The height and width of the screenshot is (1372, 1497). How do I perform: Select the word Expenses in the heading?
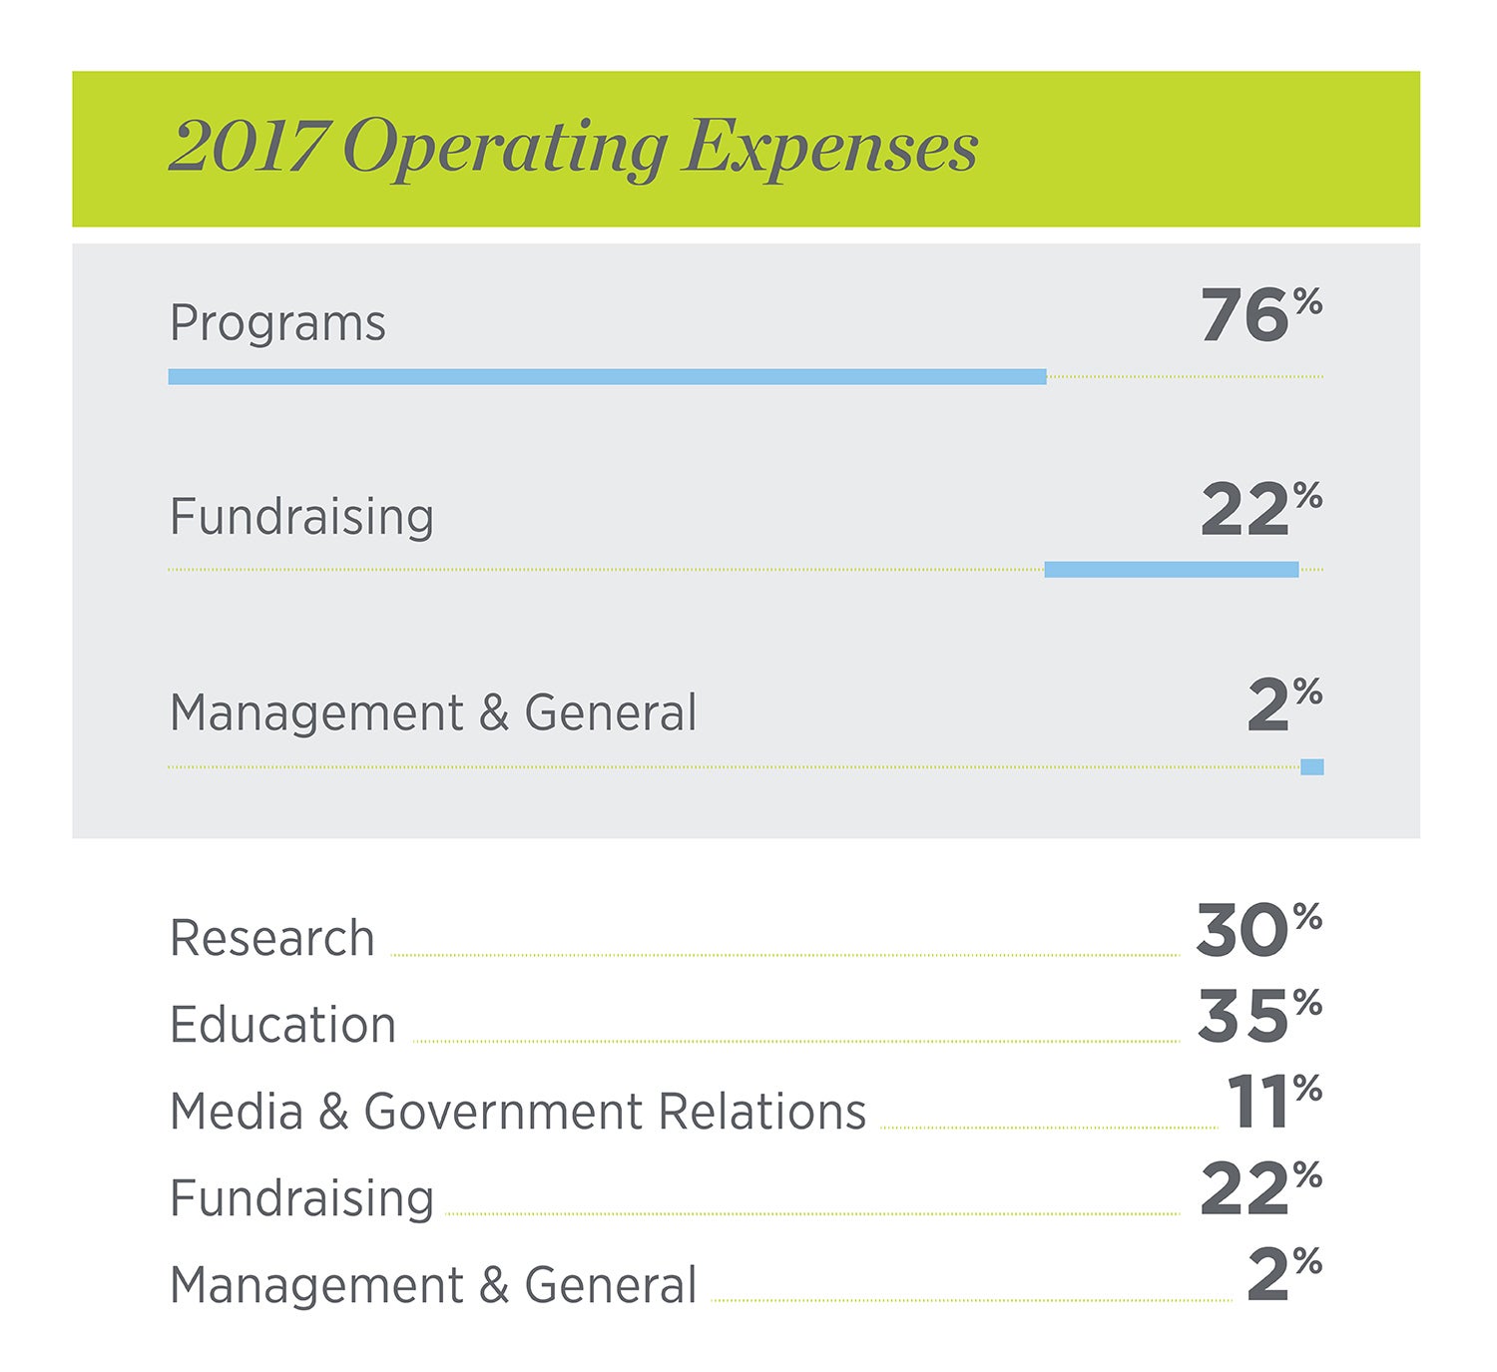tap(830, 148)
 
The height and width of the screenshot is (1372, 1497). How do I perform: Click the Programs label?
tap(277, 323)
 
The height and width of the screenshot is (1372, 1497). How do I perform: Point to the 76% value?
tap(1259, 315)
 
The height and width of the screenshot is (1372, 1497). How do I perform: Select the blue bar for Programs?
tap(607, 377)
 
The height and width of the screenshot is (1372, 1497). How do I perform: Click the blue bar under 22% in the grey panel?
tap(1171, 570)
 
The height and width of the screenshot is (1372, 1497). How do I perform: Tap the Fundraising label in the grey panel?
tap(301, 517)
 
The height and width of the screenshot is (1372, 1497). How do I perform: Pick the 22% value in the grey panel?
tap(1259, 509)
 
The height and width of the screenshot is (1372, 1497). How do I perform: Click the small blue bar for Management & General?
tap(1311, 767)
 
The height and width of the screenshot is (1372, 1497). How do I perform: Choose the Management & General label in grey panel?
tap(433, 713)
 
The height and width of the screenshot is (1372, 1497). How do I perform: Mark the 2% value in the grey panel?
tap(1283, 704)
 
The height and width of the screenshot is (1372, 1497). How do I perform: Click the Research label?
tap(271, 939)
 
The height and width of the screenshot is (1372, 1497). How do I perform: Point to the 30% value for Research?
tap(1257, 930)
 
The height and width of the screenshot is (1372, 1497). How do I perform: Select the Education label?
tap(282, 1025)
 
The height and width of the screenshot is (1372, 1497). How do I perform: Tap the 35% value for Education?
tap(1258, 1017)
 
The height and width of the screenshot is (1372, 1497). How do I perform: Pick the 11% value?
tap(1272, 1103)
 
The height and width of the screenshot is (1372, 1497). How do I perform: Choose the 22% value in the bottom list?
tap(1259, 1189)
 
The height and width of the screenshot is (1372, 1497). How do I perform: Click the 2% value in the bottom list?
tap(1283, 1275)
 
